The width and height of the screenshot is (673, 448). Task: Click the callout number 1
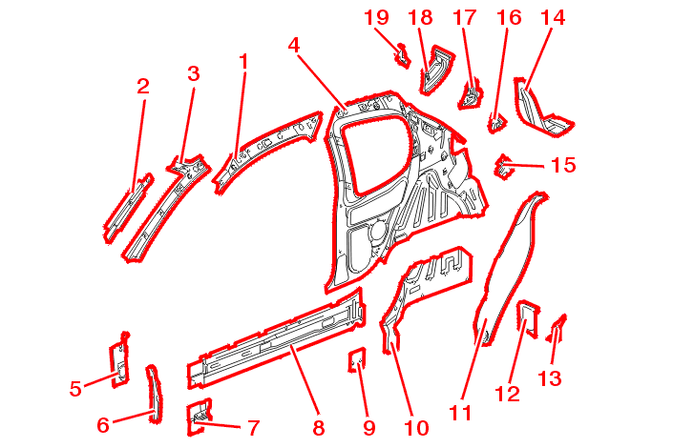coord(243,62)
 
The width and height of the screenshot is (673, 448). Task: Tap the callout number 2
coord(143,87)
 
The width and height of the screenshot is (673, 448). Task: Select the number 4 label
coord(295,45)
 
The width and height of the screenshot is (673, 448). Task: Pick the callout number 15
coord(563,165)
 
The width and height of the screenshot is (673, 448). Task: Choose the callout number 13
coord(549,378)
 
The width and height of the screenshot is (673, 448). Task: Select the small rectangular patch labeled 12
coord(526,316)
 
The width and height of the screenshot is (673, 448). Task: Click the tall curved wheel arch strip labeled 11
coord(511,257)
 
